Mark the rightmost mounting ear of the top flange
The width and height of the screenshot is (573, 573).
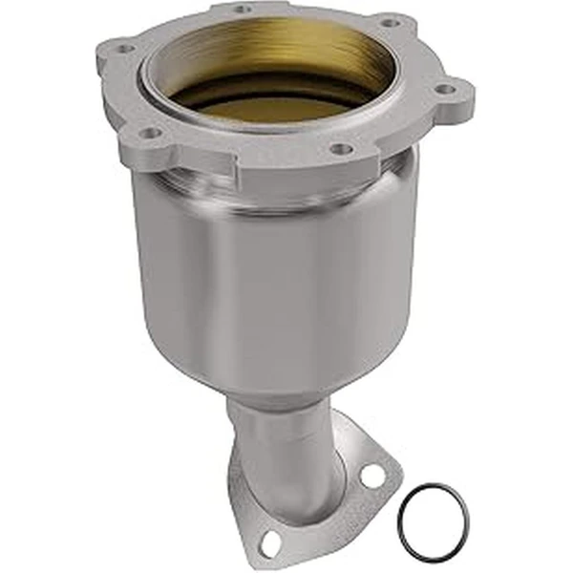[x=449, y=95]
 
